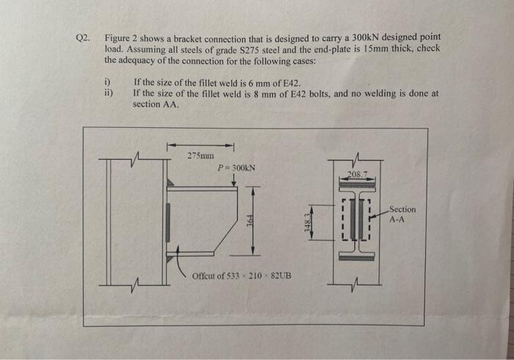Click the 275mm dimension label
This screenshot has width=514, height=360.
coord(200,156)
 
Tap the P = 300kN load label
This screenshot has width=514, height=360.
coord(236,168)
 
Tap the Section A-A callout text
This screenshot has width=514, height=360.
coord(402,214)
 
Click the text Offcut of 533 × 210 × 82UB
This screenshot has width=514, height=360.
coord(241,276)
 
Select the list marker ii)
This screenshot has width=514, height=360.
coord(109,93)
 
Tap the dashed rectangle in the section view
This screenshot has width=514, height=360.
coord(358,220)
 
